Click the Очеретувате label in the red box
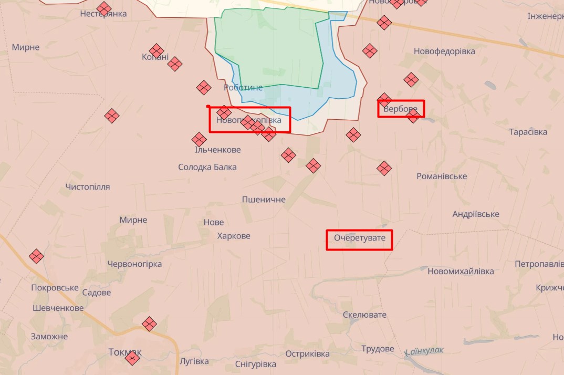(x=360, y=238)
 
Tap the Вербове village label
(x=400, y=110)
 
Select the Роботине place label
(x=243, y=88)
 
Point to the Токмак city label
(x=125, y=352)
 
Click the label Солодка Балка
(x=207, y=167)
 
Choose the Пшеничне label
(x=264, y=200)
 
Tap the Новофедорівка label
(x=444, y=51)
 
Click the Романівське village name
(x=442, y=176)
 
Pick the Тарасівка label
(x=528, y=132)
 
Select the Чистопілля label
(x=88, y=187)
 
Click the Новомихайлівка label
(x=461, y=272)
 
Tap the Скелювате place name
(x=364, y=315)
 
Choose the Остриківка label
(x=308, y=353)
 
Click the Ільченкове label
(x=218, y=150)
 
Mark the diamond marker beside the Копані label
(x=156, y=50)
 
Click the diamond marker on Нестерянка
(x=105, y=8)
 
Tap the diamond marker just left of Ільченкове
(x=199, y=139)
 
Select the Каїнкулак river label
(x=424, y=350)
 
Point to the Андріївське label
(x=476, y=214)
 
